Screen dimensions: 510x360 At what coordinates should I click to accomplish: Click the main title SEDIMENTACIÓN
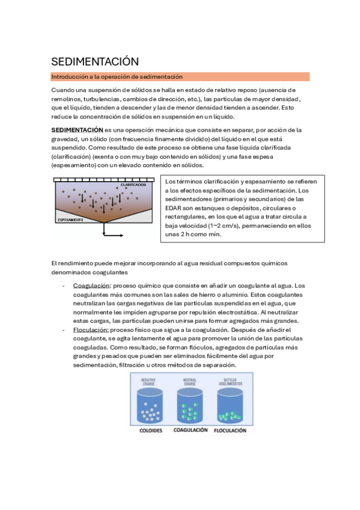(x=94, y=61)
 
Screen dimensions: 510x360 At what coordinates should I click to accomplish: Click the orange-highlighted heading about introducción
(x=117, y=76)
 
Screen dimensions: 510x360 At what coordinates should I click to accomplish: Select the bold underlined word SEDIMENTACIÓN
(x=78, y=129)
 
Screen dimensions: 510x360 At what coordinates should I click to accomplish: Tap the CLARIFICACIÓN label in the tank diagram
(x=133, y=185)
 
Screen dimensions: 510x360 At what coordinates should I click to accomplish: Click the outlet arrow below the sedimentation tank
(x=111, y=233)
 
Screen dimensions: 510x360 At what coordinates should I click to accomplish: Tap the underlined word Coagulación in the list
(x=92, y=286)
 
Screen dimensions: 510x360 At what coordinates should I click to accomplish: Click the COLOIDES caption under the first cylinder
(x=151, y=431)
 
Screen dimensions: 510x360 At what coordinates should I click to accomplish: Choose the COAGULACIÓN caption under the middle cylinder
(x=191, y=431)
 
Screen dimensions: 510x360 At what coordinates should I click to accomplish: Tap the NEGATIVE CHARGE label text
(x=148, y=381)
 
